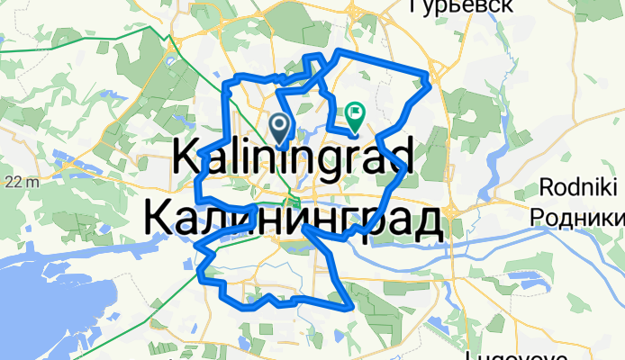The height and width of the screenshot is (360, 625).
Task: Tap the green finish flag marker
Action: (x=354, y=115)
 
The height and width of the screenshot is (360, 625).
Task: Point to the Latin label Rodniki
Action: (x=581, y=189)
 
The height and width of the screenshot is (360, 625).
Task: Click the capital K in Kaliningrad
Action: (x=186, y=158)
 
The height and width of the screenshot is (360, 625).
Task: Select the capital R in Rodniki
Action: (x=548, y=189)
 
